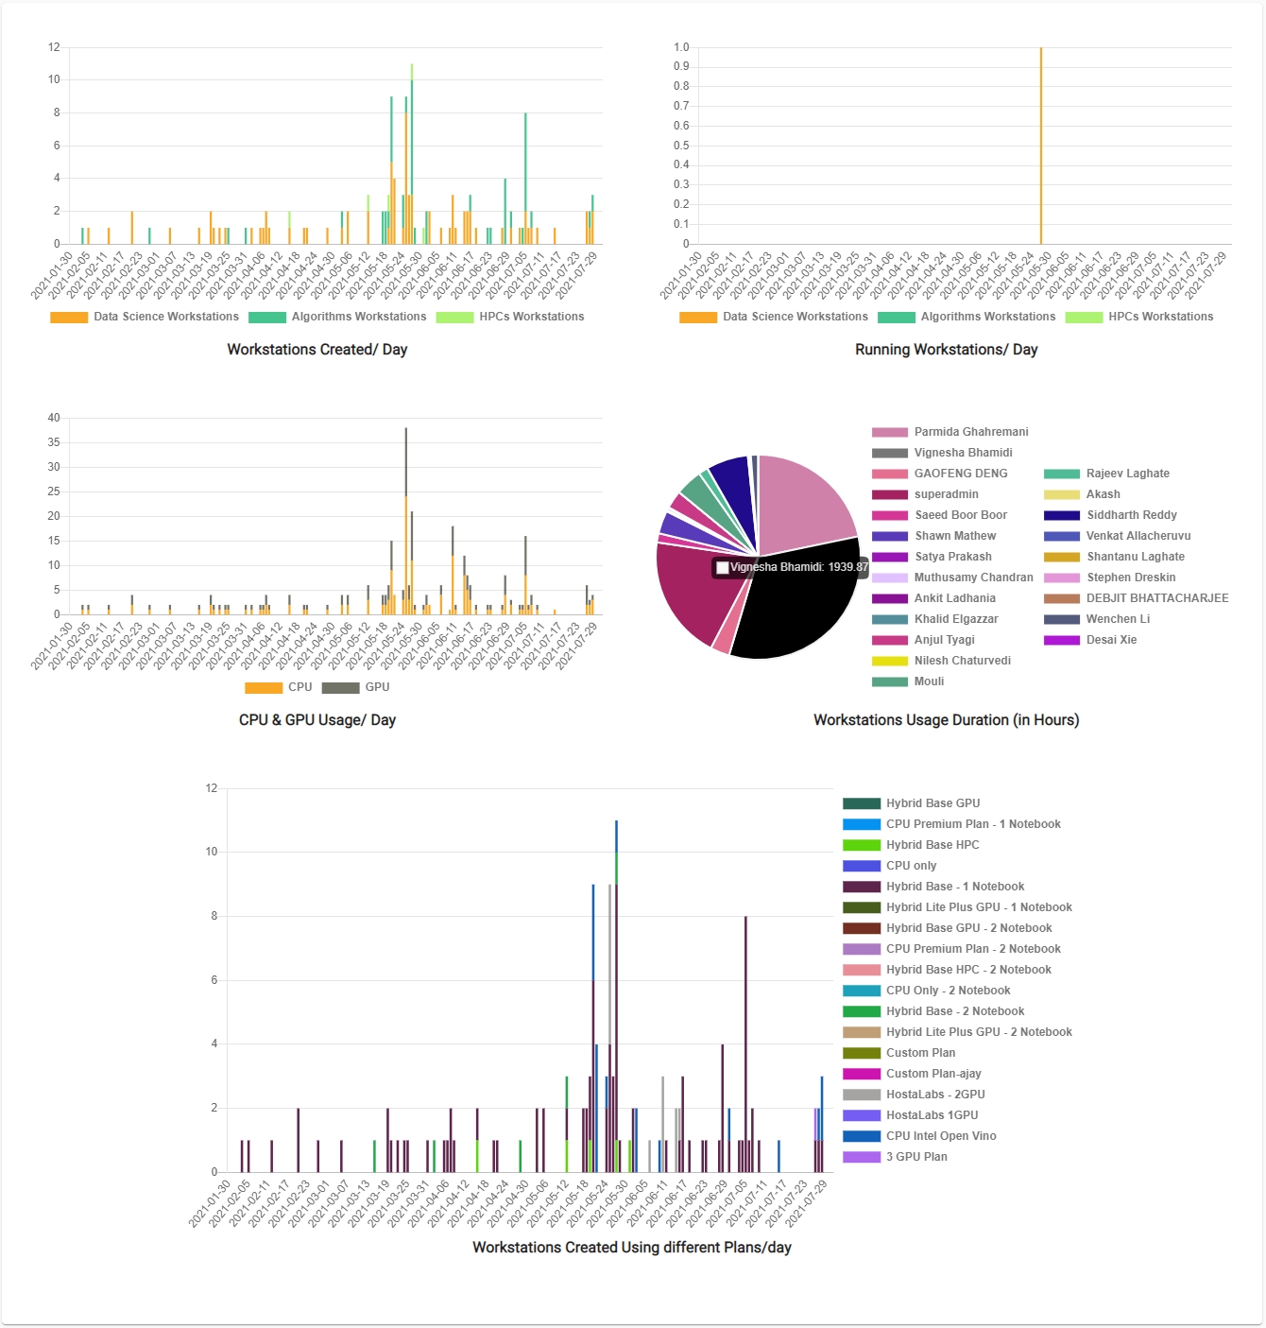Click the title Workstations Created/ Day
tap(317, 350)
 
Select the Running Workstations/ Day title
tap(946, 350)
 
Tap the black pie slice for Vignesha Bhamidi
tap(803, 614)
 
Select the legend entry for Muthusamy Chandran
tap(973, 578)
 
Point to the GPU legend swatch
tap(340, 688)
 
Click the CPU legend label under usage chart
tap(299, 687)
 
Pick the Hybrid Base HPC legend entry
tap(932, 845)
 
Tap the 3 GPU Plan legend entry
tap(915, 1157)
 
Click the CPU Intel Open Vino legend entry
tap(940, 1136)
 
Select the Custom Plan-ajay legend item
tap(932, 1074)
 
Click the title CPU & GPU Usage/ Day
tap(317, 720)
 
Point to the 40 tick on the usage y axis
tap(54, 418)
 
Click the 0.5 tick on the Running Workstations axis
tap(681, 146)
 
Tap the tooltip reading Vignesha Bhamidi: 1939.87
tap(791, 567)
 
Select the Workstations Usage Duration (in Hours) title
tap(946, 720)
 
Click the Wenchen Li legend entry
tap(1118, 619)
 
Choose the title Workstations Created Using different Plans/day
tap(632, 1248)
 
